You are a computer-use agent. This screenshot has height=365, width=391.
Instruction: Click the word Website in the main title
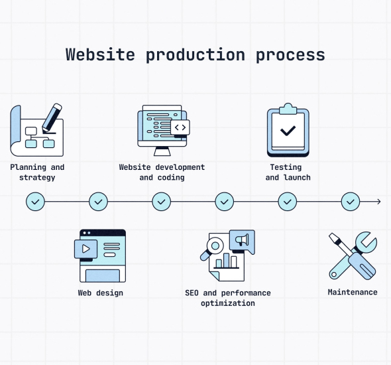(x=100, y=54)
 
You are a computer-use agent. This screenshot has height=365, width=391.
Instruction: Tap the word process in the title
(x=290, y=56)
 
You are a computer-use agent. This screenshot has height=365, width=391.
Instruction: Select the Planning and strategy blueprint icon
(x=37, y=130)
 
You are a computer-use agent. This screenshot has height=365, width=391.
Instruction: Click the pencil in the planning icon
(x=52, y=118)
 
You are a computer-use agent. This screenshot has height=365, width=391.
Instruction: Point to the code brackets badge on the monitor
(x=180, y=127)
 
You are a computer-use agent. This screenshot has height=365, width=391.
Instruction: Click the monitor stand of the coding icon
(x=162, y=151)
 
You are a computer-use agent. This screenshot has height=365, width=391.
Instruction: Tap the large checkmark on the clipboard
(x=288, y=131)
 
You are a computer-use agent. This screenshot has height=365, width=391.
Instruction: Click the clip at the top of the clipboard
(x=288, y=109)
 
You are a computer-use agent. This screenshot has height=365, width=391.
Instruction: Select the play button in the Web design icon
(x=85, y=249)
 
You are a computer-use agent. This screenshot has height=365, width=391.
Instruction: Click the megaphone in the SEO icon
(x=242, y=240)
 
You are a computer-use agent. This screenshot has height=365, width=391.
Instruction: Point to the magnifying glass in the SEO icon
(x=212, y=248)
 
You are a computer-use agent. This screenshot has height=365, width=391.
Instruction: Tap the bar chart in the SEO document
(x=227, y=261)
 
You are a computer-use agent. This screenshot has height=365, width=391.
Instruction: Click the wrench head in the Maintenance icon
(x=366, y=242)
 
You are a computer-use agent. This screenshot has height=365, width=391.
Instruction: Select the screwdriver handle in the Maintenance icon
(x=362, y=265)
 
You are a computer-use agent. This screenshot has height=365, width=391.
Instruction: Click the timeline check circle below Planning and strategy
(x=35, y=202)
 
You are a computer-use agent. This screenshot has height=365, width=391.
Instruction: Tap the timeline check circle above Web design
(x=99, y=202)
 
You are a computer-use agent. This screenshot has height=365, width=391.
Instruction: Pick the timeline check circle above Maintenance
(x=351, y=202)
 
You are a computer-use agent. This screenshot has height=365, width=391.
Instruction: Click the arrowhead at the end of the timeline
(x=379, y=202)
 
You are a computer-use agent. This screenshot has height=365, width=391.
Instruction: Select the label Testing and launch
(x=288, y=173)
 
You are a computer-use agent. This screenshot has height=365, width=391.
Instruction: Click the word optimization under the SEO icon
(x=228, y=303)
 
